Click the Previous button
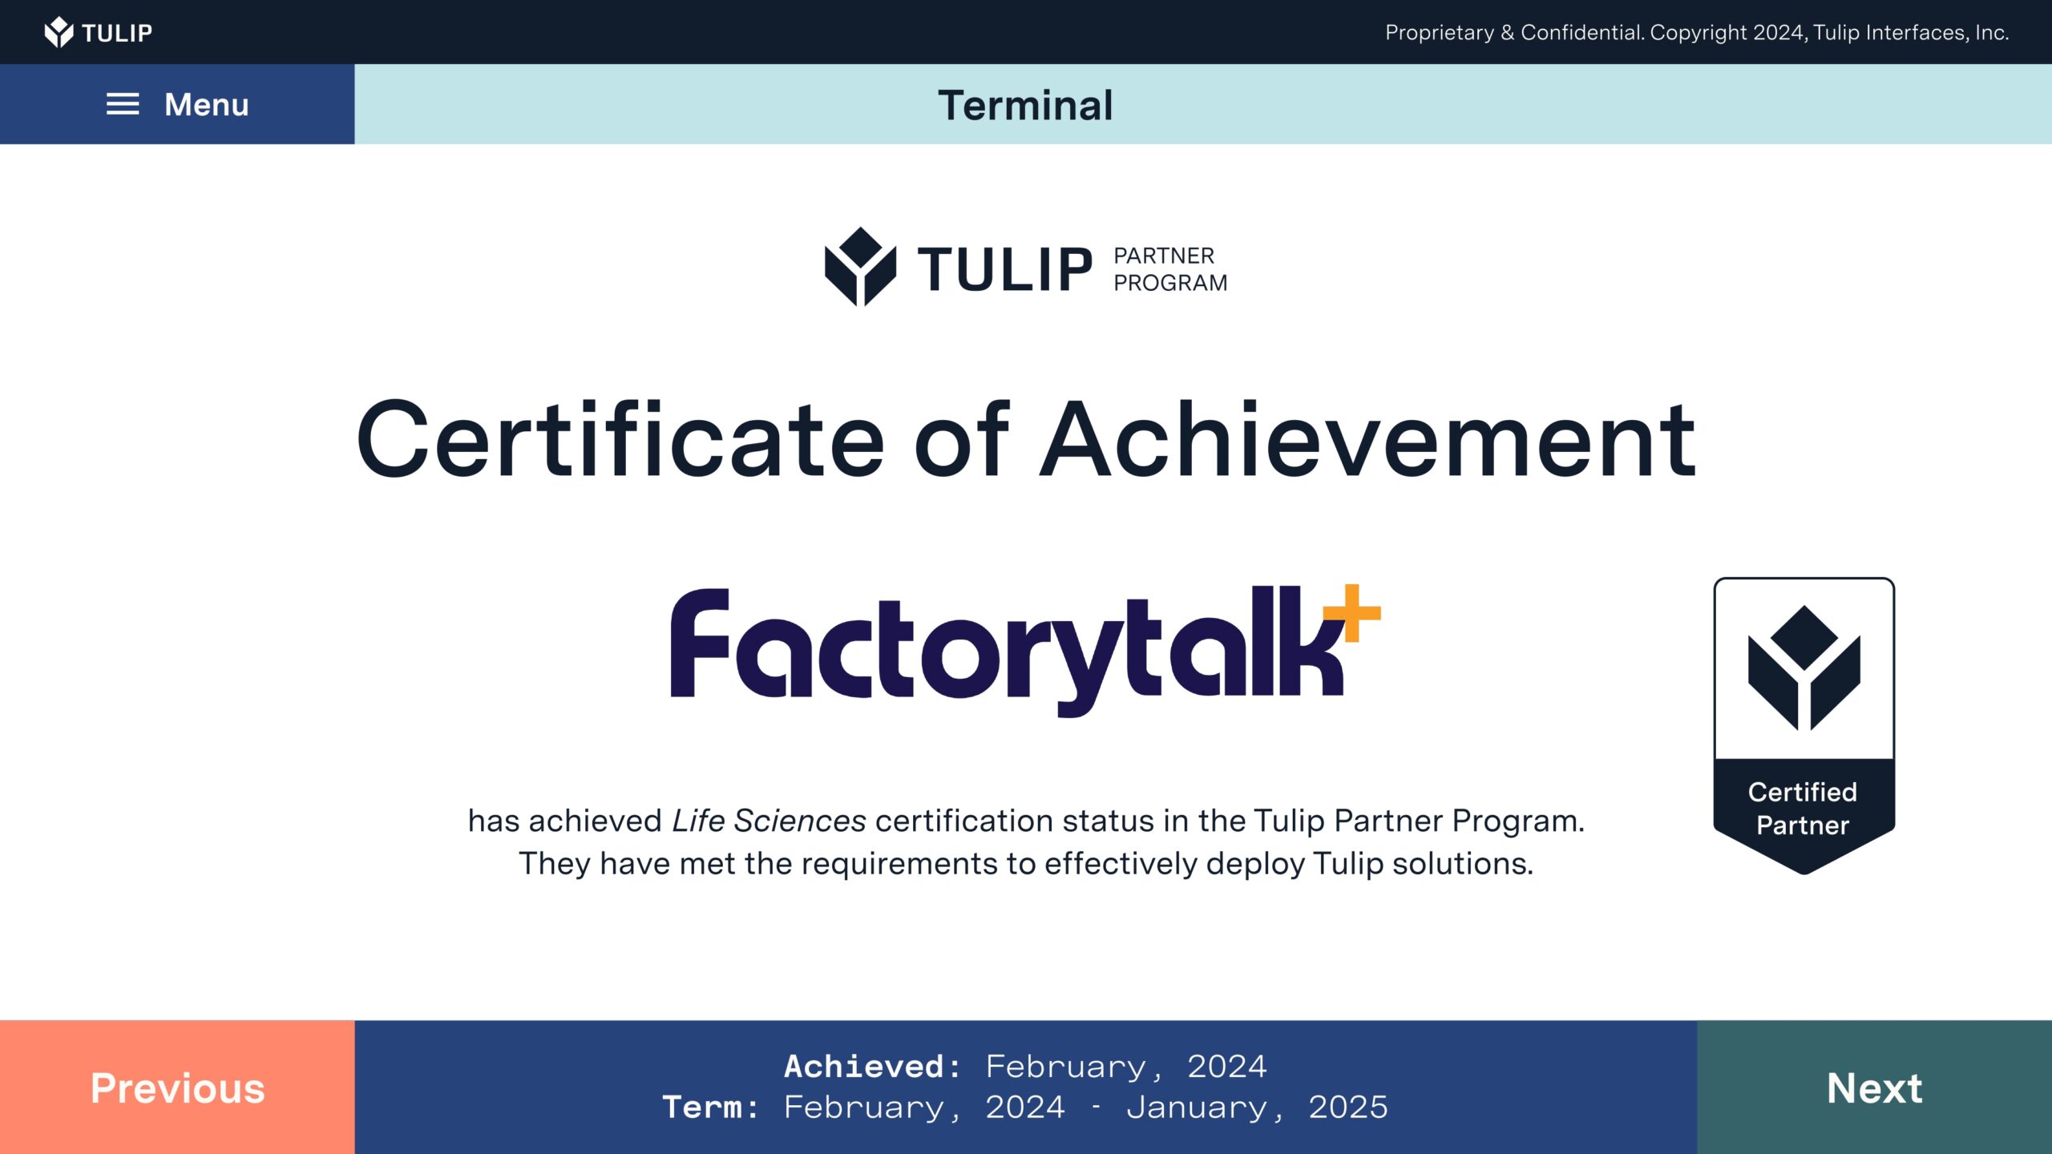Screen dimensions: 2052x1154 [177, 1087]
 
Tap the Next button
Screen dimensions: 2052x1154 [1874, 1087]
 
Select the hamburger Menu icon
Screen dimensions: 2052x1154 [123, 104]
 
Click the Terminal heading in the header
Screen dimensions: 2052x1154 [1025, 105]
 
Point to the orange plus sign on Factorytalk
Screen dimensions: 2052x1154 [1351, 613]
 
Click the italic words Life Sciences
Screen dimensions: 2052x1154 [769, 821]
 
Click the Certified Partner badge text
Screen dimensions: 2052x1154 [1803, 809]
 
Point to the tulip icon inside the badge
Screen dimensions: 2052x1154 [1804, 668]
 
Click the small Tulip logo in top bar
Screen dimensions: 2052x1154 [98, 32]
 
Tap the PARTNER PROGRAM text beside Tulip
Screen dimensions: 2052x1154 [1170, 269]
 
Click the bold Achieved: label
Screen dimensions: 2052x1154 [872, 1067]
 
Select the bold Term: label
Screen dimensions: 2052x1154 [710, 1108]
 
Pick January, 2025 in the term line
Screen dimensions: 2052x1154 [1257, 1108]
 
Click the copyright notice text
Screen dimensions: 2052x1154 [1697, 32]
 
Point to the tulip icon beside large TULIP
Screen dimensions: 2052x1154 [860, 267]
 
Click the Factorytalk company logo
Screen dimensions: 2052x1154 [1025, 650]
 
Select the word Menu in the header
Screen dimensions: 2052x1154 [207, 104]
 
